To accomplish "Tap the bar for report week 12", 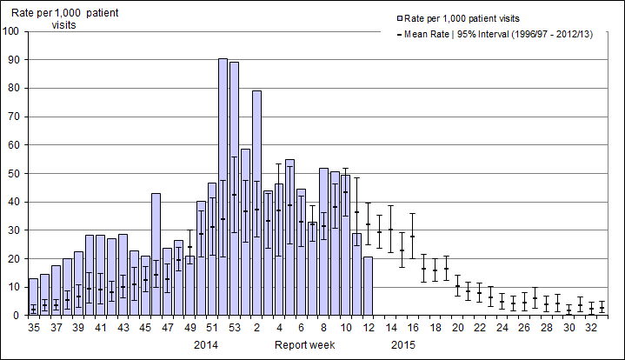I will pyautogui.click(x=368, y=286).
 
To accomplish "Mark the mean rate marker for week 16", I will pyautogui.click(x=413, y=236).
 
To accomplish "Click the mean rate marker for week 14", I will pyautogui.click(x=390, y=230).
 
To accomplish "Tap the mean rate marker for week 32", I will pyautogui.click(x=591, y=309).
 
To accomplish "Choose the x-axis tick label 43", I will pyautogui.click(x=123, y=328).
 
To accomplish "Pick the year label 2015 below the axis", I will pyautogui.click(x=402, y=345).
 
